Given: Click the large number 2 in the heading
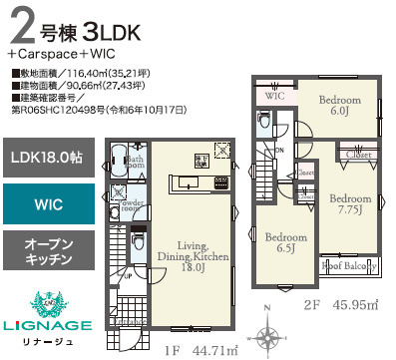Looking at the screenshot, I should pos(22,25).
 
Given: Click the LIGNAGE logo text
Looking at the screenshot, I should pos(47,325).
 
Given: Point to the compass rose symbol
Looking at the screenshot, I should pos(269,335).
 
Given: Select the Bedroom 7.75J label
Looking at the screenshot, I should pos(350,204).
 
